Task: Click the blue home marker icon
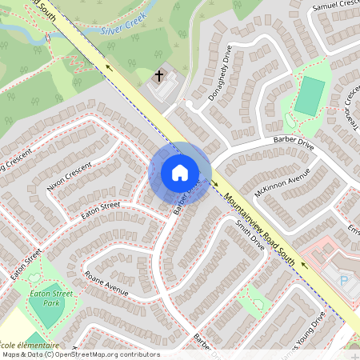(180, 173)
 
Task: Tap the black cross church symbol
(159, 77)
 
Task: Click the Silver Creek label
(120, 31)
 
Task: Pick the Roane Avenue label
(106, 283)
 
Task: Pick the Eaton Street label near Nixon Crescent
(100, 210)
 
